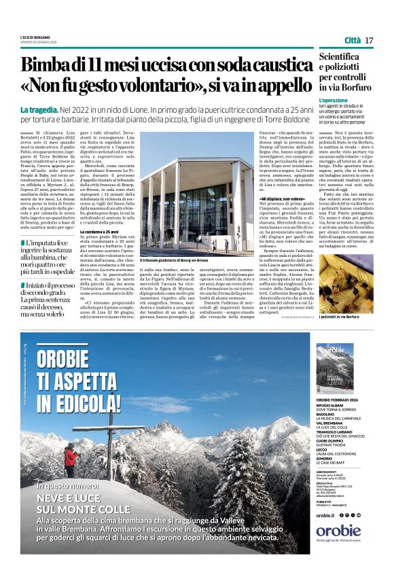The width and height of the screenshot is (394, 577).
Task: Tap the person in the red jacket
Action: point(69,457)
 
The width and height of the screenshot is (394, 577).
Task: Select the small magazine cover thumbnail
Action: point(335,368)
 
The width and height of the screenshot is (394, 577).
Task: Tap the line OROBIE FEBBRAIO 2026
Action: point(342,400)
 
